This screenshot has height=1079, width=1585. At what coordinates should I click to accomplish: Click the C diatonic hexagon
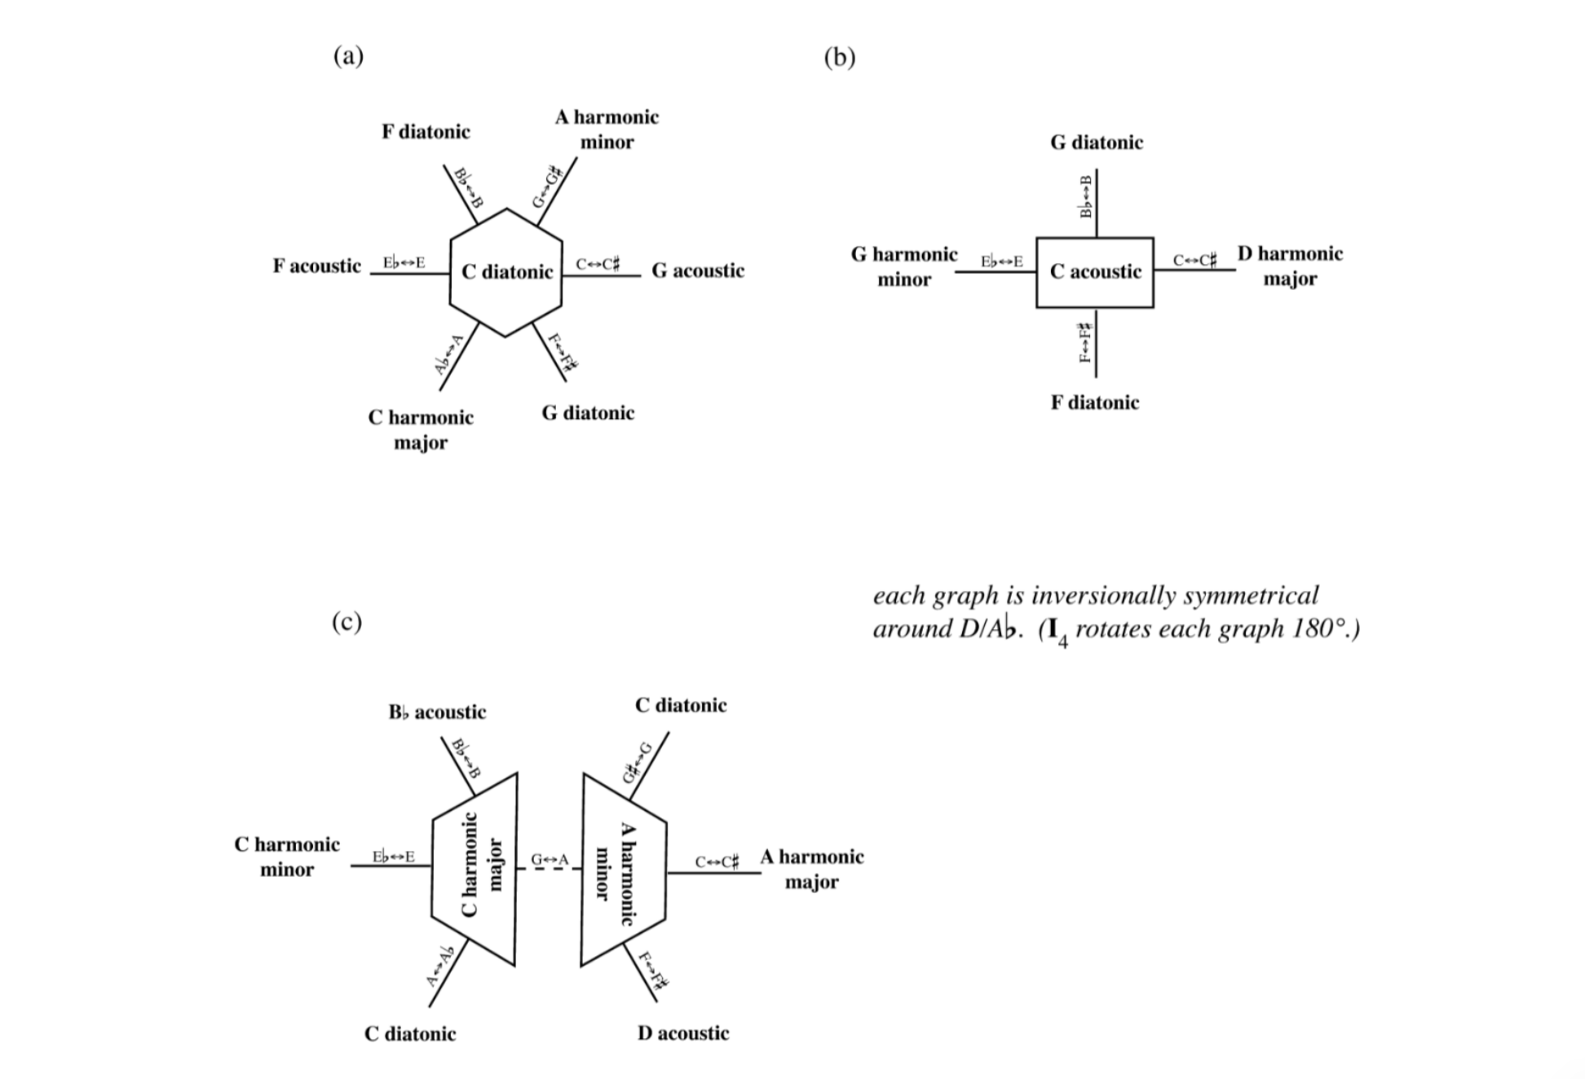(x=506, y=272)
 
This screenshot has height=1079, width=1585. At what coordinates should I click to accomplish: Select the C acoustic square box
(x=1095, y=272)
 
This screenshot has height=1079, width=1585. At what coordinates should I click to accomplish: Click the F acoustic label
(x=316, y=266)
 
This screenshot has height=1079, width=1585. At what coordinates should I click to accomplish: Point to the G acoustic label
(x=698, y=271)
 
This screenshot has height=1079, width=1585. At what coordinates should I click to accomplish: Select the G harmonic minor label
(x=904, y=266)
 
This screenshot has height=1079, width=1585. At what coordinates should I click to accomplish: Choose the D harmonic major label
(x=1290, y=266)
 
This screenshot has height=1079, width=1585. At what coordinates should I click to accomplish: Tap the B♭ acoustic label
(x=437, y=712)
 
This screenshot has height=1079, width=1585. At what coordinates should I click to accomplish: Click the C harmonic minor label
(x=287, y=857)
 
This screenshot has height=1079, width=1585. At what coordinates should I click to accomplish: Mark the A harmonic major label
(x=811, y=869)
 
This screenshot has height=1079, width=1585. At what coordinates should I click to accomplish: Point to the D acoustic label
(x=683, y=1033)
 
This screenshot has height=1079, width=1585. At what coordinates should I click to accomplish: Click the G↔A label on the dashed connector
(x=550, y=860)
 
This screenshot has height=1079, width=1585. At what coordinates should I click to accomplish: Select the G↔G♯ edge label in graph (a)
(x=548, y=187)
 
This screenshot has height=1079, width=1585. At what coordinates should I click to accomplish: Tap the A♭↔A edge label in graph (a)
(x=448, y=354)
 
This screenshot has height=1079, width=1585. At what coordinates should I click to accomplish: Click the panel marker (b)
(x=840, y=57)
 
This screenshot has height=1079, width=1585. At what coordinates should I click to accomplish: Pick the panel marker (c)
(x=347, y=622)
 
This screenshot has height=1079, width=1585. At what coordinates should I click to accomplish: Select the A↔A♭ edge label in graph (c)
(x=439, y=967)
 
